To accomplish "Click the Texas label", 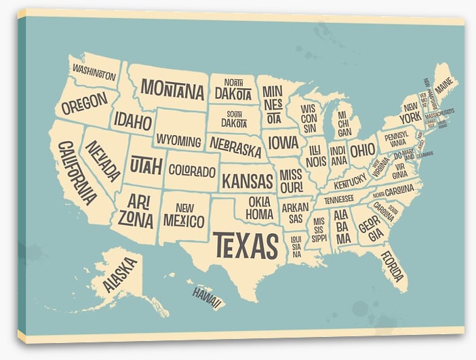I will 245,245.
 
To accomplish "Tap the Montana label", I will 172,89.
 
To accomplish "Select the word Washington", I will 94,73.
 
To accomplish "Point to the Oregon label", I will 85,103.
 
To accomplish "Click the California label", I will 76,172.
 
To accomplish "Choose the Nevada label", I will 104,161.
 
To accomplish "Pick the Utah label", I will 146,164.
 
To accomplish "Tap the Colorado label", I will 192,171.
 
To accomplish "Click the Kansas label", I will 247,181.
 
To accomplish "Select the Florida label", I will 392,266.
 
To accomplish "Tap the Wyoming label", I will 179,141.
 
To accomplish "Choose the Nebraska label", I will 235,145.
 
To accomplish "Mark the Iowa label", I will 283,142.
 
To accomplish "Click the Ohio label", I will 362,150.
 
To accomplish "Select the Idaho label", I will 132,121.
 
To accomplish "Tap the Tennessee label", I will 338,199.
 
